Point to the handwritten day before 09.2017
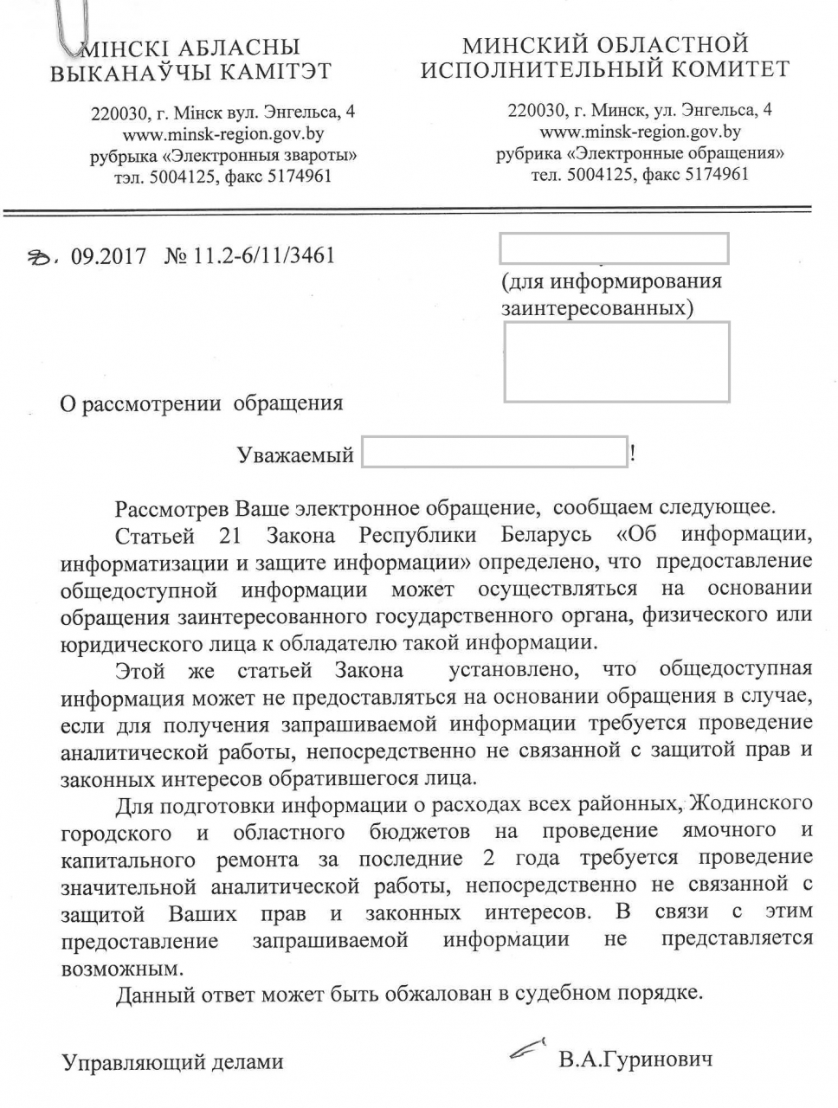click(40, 256)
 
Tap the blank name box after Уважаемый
click(493, 453)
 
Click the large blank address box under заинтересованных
click(616, 361)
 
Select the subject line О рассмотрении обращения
click(201, 403)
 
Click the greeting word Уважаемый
click(295, 454)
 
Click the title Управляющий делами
click(172, 1060)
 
